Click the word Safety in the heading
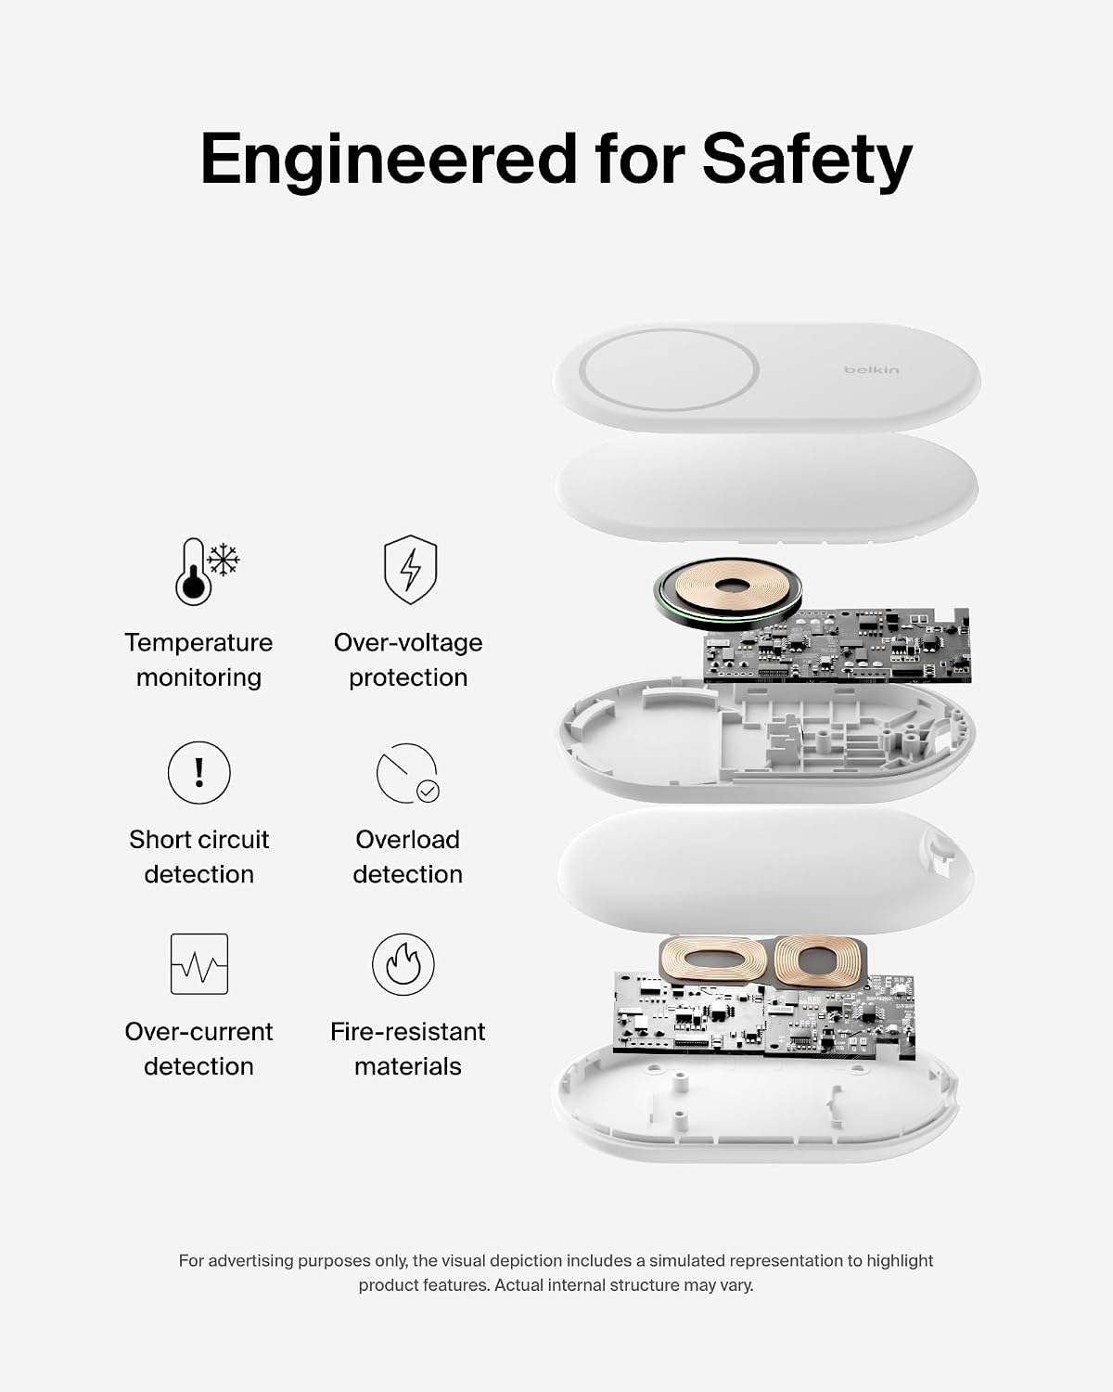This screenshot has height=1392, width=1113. coord(807,160)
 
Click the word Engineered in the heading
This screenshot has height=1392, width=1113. coord(388,160)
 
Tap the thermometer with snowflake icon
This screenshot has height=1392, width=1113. coord(207,571)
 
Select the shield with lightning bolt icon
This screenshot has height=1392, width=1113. coord(410,569)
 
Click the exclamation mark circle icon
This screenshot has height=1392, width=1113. coord(199,772)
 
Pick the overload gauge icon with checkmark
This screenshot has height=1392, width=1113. coord(407,773)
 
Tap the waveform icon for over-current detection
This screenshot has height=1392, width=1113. coord(199,964)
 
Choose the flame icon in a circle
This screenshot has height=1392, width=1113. coord(403,964)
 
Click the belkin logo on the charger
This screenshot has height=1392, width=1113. coord(871,369)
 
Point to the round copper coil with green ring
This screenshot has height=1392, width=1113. coord(727,592)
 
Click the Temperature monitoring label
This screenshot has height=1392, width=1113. coord(198,660)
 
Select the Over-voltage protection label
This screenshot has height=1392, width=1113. coord(408,660)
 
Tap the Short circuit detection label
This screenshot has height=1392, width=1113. coord(199,857)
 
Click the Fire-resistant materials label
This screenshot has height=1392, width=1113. coord(408,1049)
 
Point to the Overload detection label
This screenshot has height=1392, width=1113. coord(407,857)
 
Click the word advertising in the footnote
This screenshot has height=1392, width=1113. coord(252,1261)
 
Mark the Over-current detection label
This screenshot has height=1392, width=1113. coord(198,1049)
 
